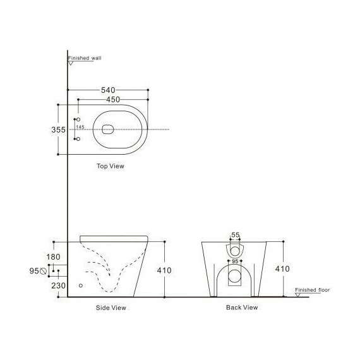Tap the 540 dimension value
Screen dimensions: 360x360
pyautogui.click(x=108, y=90)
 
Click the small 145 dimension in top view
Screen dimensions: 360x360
pyautogui.click(x=80, y=127)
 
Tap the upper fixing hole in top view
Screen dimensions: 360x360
pyautogui.click(x=78, y=119)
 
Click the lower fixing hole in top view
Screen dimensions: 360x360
pyautogui.click(x=78, y=139)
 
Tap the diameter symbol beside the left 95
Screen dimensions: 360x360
pyautogui.click(x=44, y=271)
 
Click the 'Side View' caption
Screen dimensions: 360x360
pyautogui.click(x=110, y=308)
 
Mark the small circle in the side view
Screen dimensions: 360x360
pyautogui.click(x=80, y=285)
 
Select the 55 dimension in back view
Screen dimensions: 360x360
pyautogui.click(x=235, y=235)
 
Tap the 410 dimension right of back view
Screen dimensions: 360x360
pyautogui.click(x=282, y=269)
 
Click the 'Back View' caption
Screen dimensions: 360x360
pyautogui.click(x=241, y=308)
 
